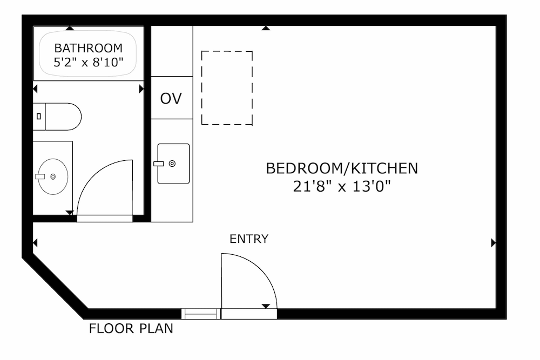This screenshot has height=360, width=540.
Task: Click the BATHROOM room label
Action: click(88, 48)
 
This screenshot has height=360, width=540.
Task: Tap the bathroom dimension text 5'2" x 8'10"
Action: click(88, 62)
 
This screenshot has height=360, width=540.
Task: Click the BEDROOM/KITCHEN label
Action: click(342, 168)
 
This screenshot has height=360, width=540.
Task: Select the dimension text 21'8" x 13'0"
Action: click(342, 186)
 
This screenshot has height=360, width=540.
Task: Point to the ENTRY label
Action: click(249, 239)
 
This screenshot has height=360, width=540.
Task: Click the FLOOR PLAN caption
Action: click(131, 329)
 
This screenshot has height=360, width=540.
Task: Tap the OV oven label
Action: click(171, 98)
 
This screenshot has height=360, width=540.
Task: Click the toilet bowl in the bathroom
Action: click(63, 117)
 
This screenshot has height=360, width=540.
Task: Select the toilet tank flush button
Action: click(38, 117)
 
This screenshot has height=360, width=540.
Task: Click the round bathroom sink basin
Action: click(53, 176)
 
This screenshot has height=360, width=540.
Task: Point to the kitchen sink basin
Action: click(173, 164)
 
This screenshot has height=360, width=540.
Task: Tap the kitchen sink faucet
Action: click(158, 164)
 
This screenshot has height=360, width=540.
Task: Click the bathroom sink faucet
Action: click(40, 176)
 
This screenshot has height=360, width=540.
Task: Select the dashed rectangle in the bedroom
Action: click(227, 88)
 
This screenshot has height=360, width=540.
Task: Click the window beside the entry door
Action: click(201, 314)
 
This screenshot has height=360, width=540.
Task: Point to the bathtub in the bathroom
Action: click(88, 53)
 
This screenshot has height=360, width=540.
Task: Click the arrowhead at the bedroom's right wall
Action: click(494, 243)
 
